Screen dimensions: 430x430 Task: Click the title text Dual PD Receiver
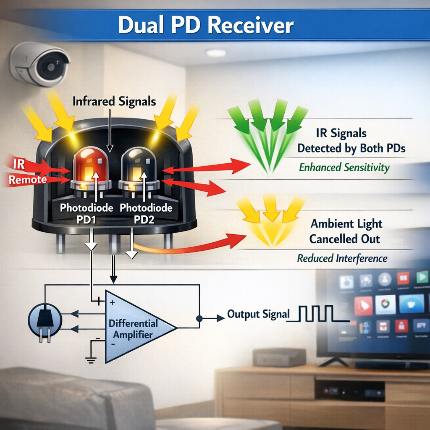point(206,25)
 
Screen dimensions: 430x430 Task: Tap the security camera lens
point(50,66)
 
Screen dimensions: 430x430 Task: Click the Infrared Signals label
point(114,101)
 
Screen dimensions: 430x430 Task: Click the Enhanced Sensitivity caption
point(344,168)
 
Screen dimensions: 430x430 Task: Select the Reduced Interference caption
point(342,258)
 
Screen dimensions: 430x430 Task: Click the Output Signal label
point(258,314)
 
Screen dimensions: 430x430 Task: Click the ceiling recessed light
point(216,52)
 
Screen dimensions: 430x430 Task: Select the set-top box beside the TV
point(279,357)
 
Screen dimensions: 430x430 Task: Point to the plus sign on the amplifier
point(113,302)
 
